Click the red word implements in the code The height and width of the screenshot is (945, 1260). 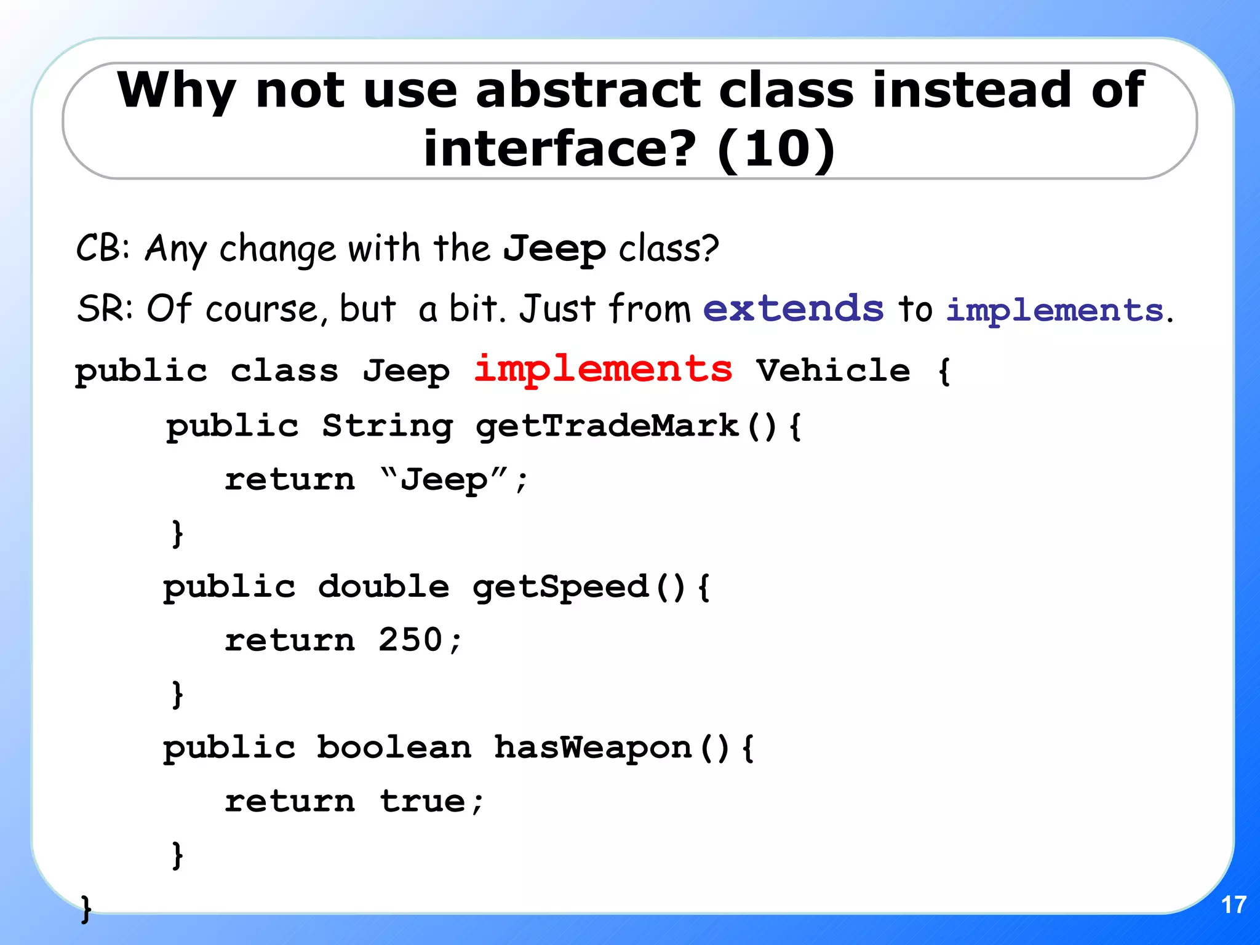[x=603, y=370]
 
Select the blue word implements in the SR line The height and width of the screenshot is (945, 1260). [x=1055, y=310]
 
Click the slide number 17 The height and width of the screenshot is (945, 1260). [x=1233, y=905]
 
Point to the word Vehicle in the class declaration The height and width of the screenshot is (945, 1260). [x=833, y=370]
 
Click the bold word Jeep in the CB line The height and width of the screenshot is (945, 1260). [x=554, y=249]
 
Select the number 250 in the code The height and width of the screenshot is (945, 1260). [x=410, y=640]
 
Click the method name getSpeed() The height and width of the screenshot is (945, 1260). [x=578, y=587]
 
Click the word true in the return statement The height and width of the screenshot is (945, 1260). [x=423, y=801]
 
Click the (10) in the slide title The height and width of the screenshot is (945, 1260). [x=776, y=149]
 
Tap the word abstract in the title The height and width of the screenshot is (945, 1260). [x=588, y=90]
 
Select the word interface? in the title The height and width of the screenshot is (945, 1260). [x=560, y=149]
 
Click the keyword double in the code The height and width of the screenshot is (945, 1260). [x=383, y=586]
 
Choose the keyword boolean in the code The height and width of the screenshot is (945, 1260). [x=394, y=748]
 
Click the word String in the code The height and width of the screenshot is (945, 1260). [x=388, y=426]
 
